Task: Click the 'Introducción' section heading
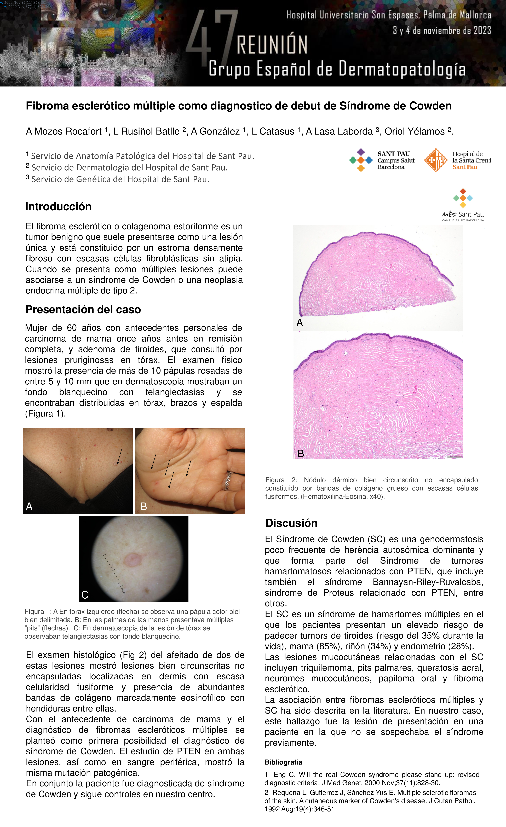(58, 206)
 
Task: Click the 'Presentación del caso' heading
(83, 309)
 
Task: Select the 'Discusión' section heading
(291, 523)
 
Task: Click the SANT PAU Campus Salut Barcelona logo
(382, 160)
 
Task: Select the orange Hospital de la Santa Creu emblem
(435, 160)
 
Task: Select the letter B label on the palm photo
(144, 506)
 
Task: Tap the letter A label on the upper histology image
(300, 322)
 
